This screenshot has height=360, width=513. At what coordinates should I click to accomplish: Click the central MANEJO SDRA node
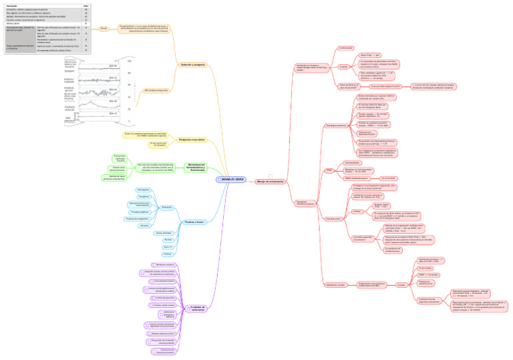click(231, 180)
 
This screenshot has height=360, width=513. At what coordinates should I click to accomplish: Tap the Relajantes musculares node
click(192, 139)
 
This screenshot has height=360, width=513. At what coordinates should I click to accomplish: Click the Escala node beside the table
click(104, 29)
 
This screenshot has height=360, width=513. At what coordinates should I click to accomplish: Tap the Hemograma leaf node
click(143, 190)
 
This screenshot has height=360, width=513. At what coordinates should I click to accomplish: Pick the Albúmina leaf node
click(144, 226)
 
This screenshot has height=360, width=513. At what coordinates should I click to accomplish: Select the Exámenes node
click(167, 207)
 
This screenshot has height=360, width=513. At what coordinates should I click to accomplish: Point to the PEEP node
click(329, 170)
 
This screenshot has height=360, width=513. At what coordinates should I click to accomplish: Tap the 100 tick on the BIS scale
click(130, 61)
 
